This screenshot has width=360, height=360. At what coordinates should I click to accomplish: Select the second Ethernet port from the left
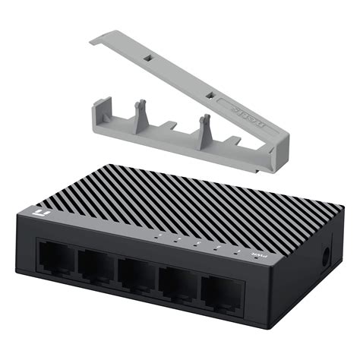[x=96, y=265]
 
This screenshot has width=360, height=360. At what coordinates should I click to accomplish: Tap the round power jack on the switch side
[x=327, y=255]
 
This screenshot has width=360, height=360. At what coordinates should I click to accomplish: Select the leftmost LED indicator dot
[x=158, y=236]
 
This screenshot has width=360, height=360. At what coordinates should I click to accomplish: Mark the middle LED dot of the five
[x=196, y=244]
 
